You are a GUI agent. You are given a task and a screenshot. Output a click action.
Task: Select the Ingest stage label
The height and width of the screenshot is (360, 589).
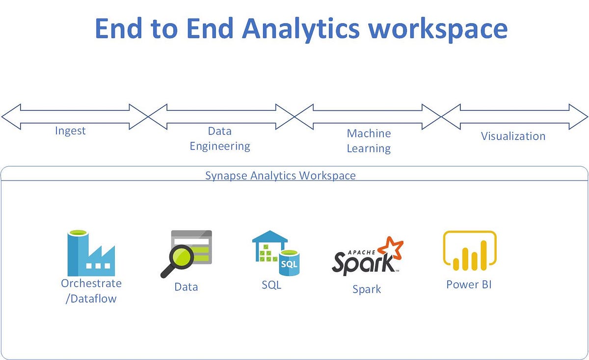[x=70, y=131]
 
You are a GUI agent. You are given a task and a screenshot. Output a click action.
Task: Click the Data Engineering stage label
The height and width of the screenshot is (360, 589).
[x=220, y=139]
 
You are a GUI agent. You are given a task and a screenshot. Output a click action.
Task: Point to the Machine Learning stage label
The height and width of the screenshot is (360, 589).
[x=369, y=141]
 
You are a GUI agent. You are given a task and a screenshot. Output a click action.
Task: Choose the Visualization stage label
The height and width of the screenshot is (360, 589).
[x=513, y=136]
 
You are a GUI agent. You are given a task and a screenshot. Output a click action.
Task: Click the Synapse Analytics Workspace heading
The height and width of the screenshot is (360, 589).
[x=280, y=176]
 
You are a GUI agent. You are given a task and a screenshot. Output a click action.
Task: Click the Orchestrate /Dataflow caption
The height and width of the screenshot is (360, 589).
[x=91, y=291]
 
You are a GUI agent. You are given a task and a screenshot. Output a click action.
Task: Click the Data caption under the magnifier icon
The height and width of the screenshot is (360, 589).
[x=186, y=287]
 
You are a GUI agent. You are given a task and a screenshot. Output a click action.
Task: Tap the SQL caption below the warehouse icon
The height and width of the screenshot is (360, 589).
[x=271, y=285]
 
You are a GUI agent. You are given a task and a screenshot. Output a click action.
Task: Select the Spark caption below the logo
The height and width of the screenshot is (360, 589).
[x=367, y=289]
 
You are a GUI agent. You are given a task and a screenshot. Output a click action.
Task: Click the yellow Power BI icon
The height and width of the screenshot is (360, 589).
[x=470, y=251]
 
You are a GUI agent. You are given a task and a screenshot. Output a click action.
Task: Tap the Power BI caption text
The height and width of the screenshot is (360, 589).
[x=469, y=284]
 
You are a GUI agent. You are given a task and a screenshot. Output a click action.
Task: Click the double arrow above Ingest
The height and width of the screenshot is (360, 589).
[x=74, y=116]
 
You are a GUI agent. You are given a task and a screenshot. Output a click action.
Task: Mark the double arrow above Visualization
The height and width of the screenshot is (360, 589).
[x=514, y=117]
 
